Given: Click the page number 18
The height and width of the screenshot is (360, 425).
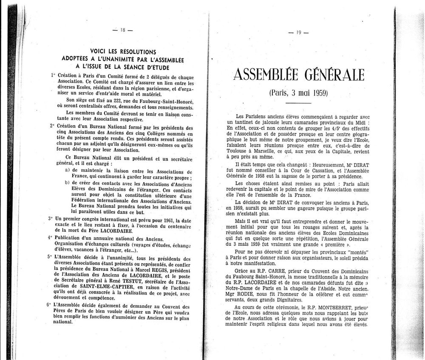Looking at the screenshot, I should (x=122, y=30).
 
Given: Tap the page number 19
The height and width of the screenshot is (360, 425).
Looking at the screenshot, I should (x=298, y=34).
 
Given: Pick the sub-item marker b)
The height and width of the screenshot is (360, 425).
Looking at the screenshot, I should (x=67, y=183).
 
